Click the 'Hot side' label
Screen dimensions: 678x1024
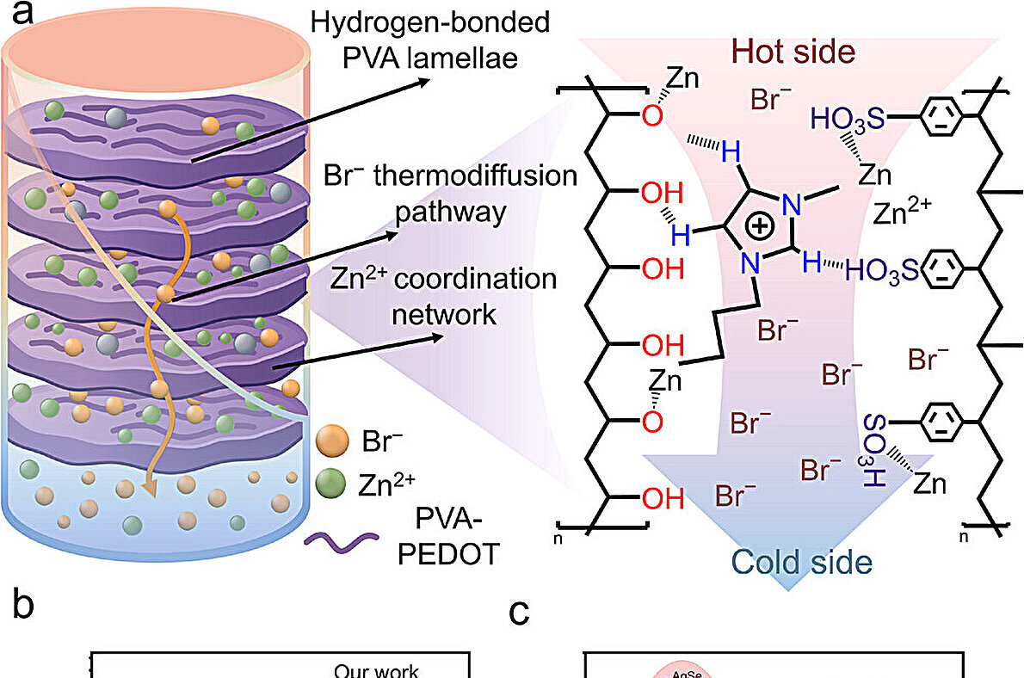793,52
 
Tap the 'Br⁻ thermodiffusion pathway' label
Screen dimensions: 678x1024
450,194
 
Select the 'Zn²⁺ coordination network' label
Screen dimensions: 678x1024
444,296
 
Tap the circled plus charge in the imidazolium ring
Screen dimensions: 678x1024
760,228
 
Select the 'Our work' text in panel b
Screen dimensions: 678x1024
377,669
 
